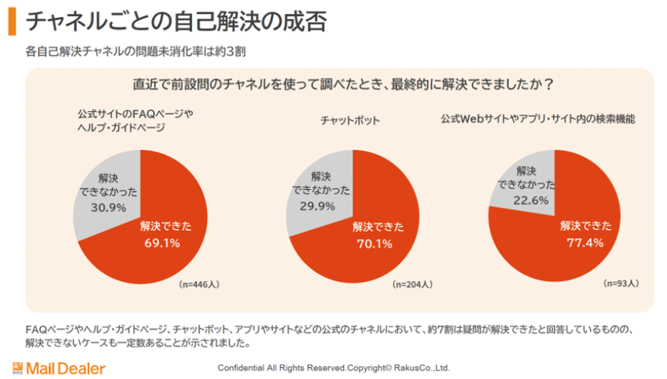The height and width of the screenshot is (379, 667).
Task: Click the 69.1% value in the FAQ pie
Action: (x=162, y=243)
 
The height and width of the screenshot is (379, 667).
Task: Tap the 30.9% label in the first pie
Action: (x=108, y=208)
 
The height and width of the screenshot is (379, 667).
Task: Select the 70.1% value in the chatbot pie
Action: (x=375, y=244)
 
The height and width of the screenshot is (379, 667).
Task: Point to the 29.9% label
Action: (x=318, y=206)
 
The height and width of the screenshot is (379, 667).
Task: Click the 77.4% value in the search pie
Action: (x=585, y=243)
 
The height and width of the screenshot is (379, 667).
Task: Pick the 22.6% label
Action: (x=531, y=200)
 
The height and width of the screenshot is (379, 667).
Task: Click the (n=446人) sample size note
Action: (x=199, y=284)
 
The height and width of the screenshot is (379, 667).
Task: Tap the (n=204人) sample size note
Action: (x=413, y=284)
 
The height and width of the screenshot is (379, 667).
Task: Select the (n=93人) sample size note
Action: (x=621, y=283)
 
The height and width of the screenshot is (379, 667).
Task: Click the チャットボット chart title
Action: (x=350, y=120)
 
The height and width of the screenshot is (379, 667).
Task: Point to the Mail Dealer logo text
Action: (x=66, y=369)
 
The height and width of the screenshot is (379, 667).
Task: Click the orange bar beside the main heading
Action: (x=12, y=22)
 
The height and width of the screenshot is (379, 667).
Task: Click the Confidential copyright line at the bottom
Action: (x=334, y=368)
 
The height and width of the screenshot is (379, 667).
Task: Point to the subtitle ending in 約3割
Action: (x=136, y=51)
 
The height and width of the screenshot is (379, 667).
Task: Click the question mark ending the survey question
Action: (x=549, y=85)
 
